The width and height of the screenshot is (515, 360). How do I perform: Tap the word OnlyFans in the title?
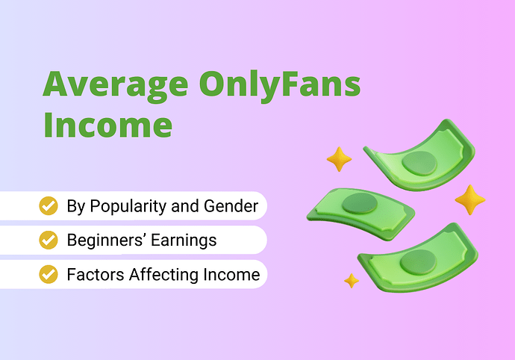tap(280, 86)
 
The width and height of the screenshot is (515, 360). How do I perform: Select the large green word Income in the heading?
tap(107, 125)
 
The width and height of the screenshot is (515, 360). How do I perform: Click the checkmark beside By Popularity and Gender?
tap(49, 206)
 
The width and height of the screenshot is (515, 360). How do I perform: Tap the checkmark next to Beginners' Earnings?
tap(49, 240)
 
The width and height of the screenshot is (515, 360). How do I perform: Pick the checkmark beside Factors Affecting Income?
tap(49, 274)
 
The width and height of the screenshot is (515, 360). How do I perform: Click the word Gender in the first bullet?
tap(231, 206)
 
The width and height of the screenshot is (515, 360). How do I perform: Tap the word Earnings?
tap(184, 240)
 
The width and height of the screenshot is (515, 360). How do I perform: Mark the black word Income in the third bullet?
tap(231, 275)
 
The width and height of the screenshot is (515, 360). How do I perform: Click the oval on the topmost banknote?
tap(419, 163)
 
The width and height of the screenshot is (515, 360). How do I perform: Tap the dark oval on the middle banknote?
tap(360, 203)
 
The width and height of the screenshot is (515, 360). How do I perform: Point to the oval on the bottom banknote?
tap(418, 262)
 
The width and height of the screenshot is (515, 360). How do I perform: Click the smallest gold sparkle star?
tap(352, 281)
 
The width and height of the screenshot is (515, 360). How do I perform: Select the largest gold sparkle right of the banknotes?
tap(470, 200)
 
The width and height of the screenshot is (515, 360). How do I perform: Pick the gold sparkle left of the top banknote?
tap(340, 159)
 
